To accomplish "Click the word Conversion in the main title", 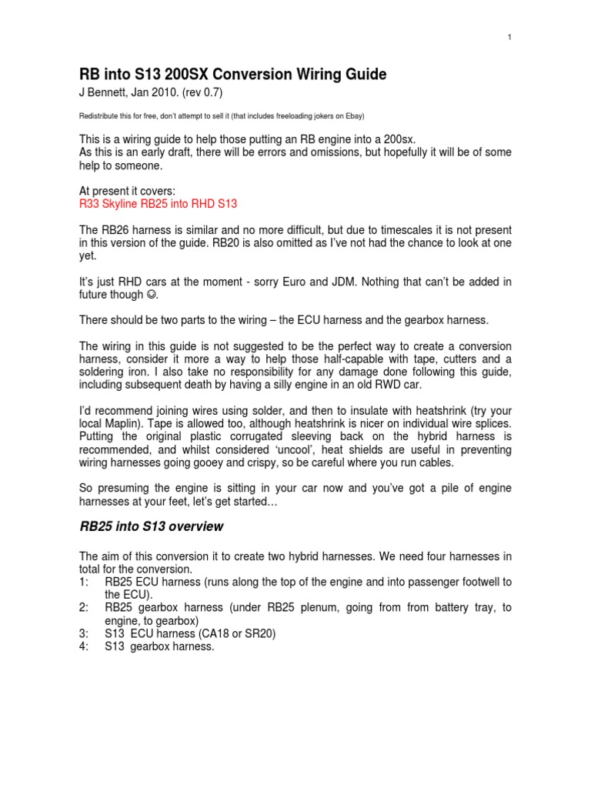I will point(229,75).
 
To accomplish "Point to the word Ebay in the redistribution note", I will point(352,116).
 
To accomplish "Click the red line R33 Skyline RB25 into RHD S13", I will point(159,204).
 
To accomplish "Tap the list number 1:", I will point(85,582).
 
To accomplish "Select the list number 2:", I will point(85,608).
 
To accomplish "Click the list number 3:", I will point(85,633).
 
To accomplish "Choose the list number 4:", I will point(85,646).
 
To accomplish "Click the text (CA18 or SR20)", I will point(232,633).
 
